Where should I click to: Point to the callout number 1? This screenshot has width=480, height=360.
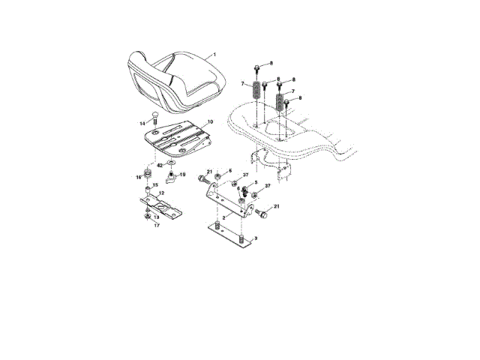(x=214, y=54)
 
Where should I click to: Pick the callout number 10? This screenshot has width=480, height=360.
(x=209, y=121)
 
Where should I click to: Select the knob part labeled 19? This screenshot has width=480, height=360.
(x=171, y=178)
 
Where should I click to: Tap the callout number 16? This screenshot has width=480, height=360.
(x=139, y=177)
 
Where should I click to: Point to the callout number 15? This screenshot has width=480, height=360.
(x=155, y=187)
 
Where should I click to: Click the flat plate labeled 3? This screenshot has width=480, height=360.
(x=229, y=233)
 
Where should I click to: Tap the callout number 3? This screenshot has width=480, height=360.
(x=256, y=238)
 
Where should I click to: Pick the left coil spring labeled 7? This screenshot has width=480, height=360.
(x=256, y=91)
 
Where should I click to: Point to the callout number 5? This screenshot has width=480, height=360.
(x=255, y=183)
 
